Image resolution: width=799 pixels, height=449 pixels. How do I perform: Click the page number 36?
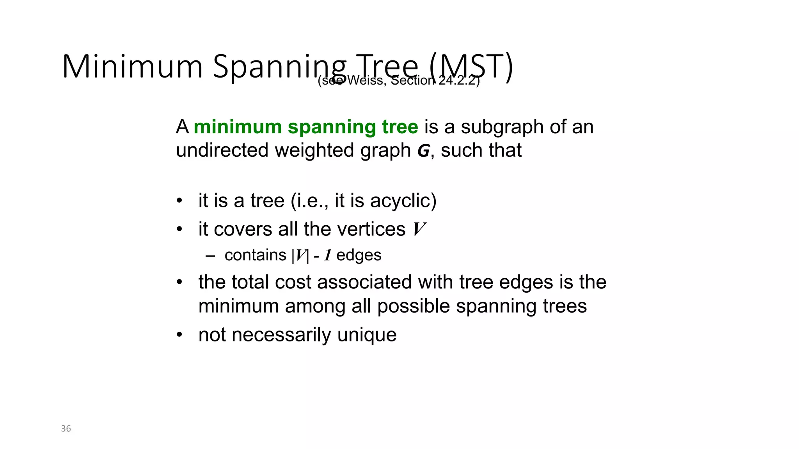pyautogui.click(x=66, y=428)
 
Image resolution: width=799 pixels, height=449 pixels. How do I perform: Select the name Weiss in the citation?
pyautogui.click(x=365, y=80)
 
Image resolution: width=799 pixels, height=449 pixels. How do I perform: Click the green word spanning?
pyautogui.click(x=332, y=127)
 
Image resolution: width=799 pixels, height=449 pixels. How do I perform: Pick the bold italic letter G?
pyautogui.click(x=423, y=151)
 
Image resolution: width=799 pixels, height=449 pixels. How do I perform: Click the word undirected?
pyautogui.click(x=222, y=150)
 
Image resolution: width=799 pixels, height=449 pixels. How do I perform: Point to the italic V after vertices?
pyautogui.click(x=419, y=229)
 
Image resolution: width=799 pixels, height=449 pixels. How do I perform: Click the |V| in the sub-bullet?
pyautogui.click(x=300, y=256)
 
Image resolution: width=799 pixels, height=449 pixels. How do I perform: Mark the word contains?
pyautogui.click(x=255, y=255)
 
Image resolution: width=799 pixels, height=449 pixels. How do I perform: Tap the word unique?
pyautogui.click(x=367, y=335)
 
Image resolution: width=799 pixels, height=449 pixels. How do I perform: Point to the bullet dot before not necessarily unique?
pyautogui.click(x=179, y=335)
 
